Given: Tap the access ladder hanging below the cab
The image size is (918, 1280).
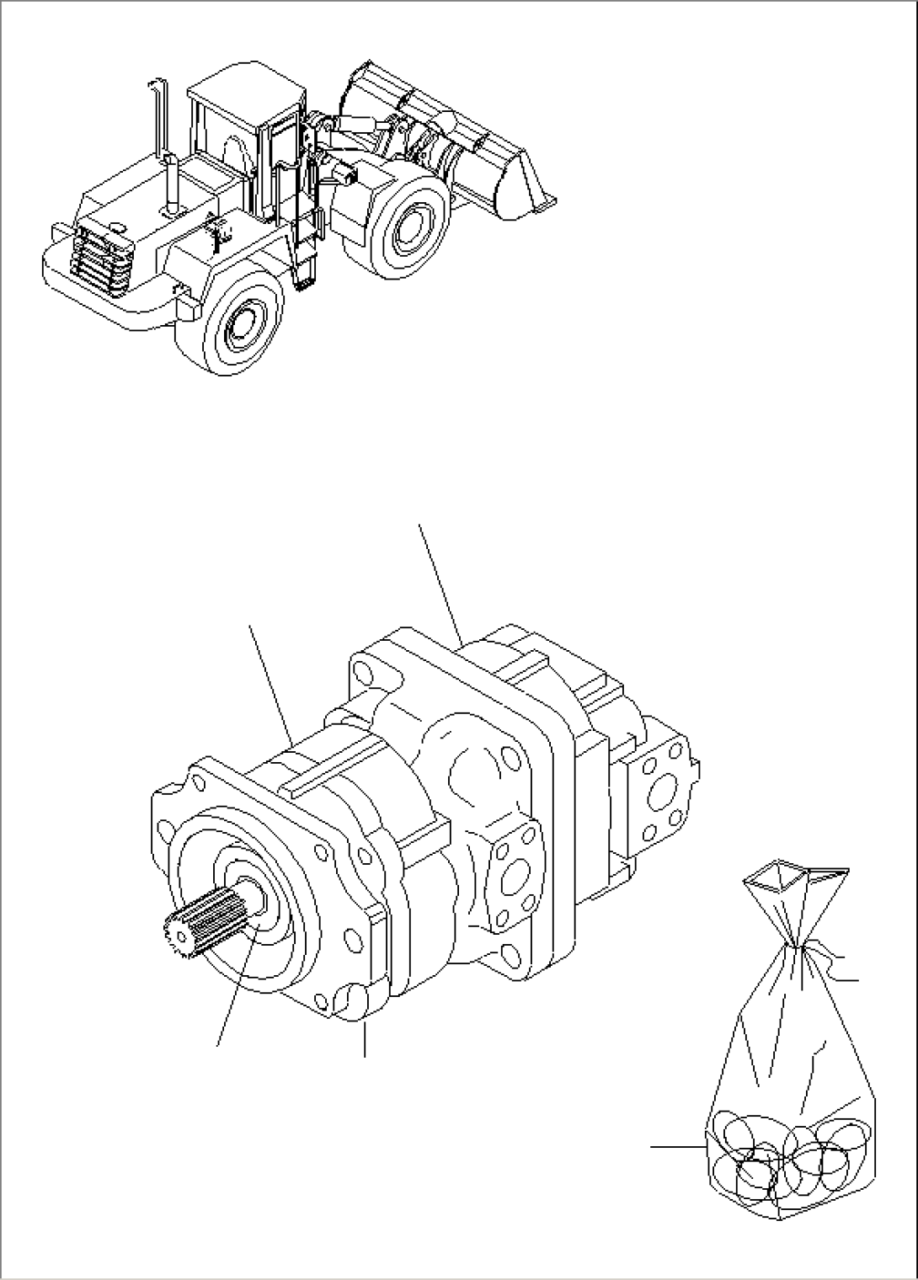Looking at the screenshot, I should click(303, 261).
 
